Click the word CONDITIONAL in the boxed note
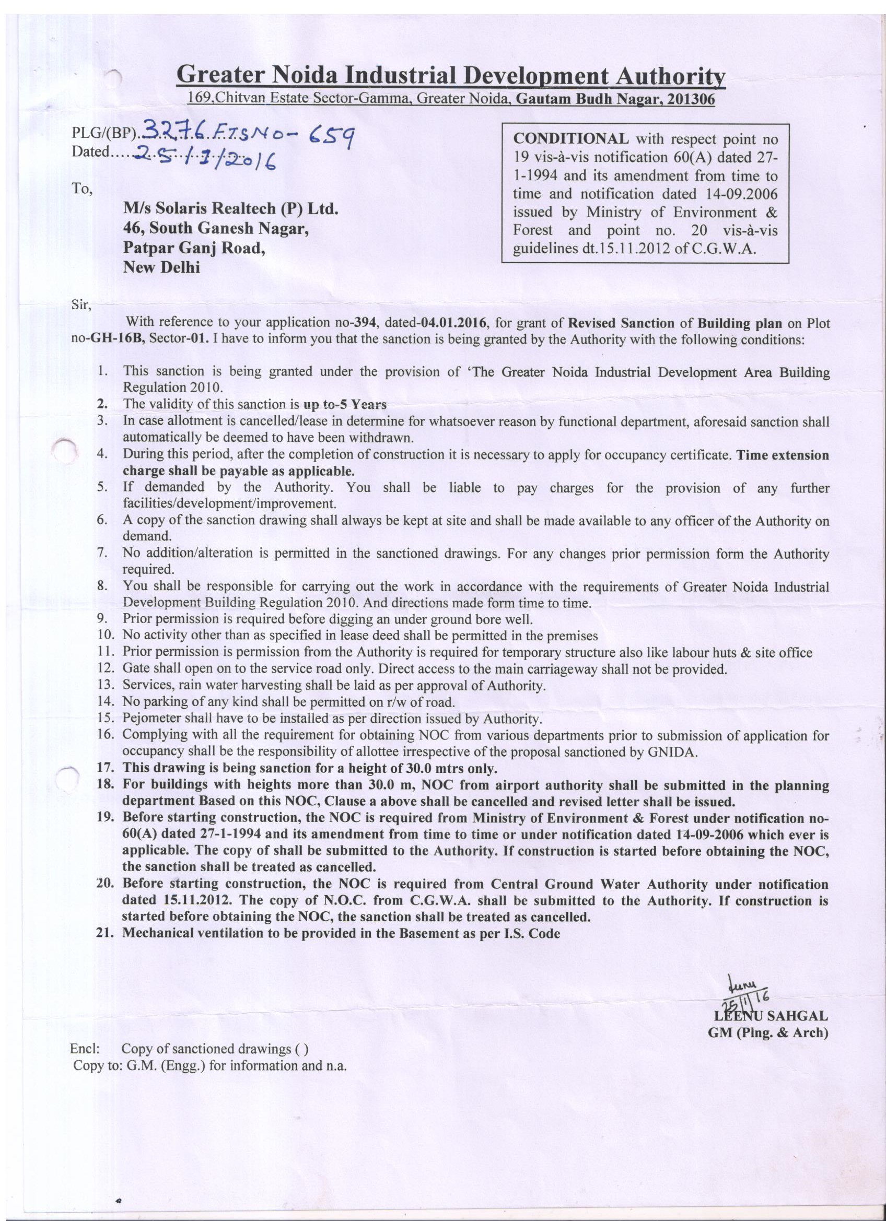[570, 139]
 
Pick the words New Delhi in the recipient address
[161, 267]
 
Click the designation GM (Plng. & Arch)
[767, 1032]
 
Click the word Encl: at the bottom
[85, 1049]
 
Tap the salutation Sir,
[81, 305]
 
